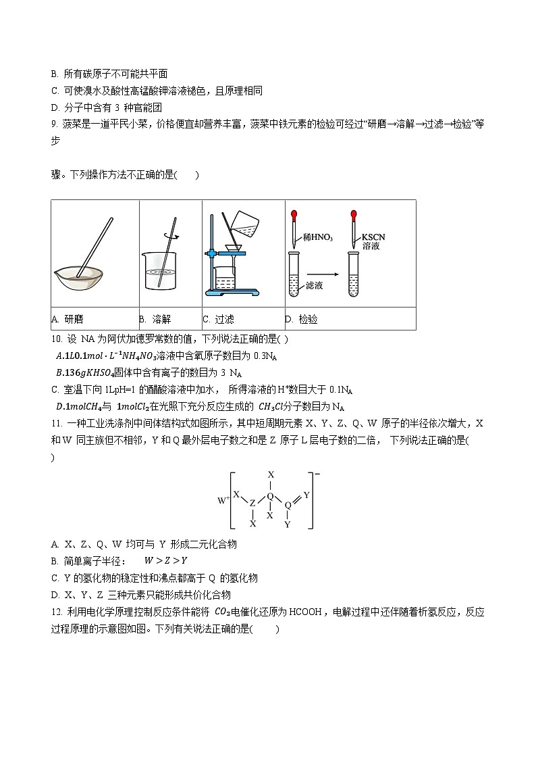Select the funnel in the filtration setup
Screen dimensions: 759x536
pos(234,248)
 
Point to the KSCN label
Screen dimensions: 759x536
pos(373,237)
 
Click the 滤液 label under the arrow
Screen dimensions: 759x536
pos(314,285)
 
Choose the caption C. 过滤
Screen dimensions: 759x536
pos(219,320)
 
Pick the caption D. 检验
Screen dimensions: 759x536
pos(301,320)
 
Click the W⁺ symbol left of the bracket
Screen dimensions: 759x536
pos(222,501)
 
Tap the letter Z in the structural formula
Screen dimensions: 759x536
pos(252,504)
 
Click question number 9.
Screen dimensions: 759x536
pos(54,124)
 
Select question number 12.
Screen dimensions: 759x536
pos(56,612)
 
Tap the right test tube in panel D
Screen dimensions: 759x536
pos(353,274)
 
